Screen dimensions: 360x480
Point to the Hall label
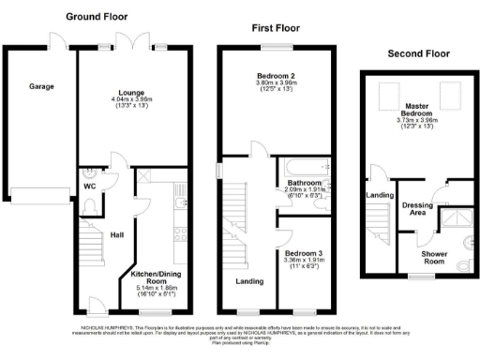click(117, 234)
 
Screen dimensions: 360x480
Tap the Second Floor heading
click(419, 53)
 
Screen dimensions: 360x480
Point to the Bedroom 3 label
click(305, 252)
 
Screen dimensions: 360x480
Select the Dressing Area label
click(416, 207)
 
